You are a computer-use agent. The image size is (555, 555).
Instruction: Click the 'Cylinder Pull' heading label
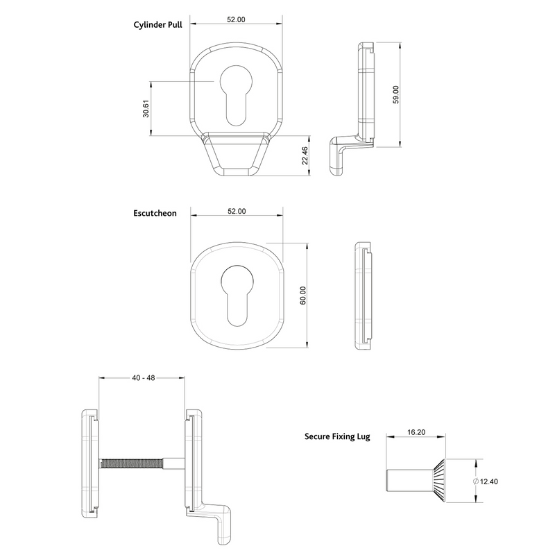click(157, 24)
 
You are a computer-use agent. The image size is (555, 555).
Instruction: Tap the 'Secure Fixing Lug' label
click(337, 437)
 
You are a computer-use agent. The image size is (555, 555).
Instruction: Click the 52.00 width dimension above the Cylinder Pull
click(237, 19)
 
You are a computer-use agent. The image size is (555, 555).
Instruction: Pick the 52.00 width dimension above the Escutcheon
click(237, 211)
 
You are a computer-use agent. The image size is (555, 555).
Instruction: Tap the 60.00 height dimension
click(302, 295)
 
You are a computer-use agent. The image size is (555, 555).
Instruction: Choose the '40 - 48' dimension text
click(142, 378)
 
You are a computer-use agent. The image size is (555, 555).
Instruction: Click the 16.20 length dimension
click(416, 432)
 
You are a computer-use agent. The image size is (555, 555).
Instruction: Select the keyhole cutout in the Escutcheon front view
click(236, 293)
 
